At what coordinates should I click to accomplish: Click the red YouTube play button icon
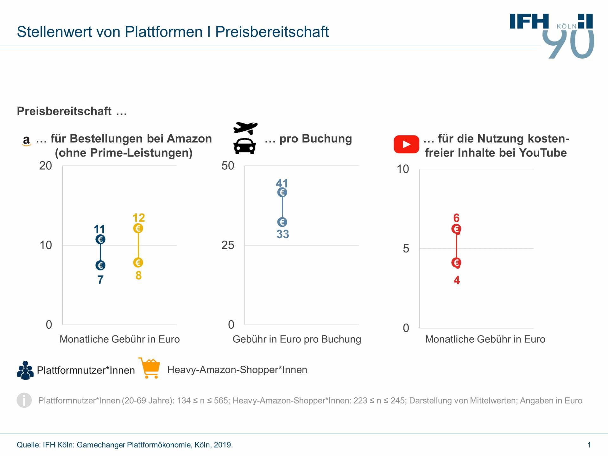pos(406,144)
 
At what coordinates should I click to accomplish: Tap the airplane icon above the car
pos(245,128)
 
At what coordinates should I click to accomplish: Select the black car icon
pos(244,146)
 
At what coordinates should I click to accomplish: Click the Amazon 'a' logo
pos(27,140)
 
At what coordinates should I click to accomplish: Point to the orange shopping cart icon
pos(150,368)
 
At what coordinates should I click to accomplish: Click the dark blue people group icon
pos(25,370)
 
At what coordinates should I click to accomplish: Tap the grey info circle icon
pos(24,400)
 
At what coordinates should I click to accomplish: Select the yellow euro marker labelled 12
pos(138,228)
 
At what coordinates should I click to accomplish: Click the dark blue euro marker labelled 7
pos(100,265)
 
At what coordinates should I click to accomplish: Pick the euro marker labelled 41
pos(282,192)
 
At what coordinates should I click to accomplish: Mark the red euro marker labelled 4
pos(456,263)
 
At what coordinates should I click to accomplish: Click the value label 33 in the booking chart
pos(282,234)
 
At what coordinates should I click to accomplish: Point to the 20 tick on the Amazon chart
pos(46,166)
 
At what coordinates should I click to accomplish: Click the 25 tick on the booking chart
pos(228,245)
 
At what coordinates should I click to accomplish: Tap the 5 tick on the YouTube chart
pos(406,249)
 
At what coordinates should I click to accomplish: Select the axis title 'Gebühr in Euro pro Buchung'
pos(297,339)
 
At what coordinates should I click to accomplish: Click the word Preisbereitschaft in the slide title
pos(272,32)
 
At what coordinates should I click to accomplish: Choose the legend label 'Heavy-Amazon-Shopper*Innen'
pos(237,370)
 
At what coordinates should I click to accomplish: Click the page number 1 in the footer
pos(589,445)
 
